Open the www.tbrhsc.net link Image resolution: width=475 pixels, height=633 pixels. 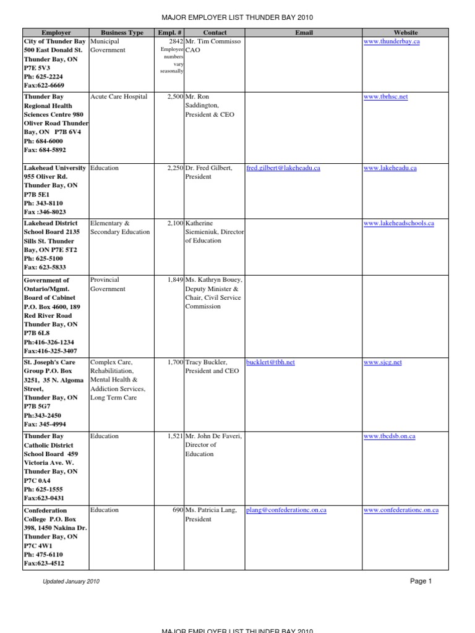click(x=386, y=97)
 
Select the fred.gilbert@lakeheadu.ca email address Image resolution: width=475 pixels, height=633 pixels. click(x=283, y=168)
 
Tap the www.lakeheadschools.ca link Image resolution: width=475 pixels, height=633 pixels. click(x=398, y=223)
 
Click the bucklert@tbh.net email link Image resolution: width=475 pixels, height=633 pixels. click(x=270, y=362)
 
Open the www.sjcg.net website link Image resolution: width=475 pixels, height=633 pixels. click(x=382, y=362)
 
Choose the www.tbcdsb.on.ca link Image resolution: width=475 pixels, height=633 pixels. click(x=389, y=436)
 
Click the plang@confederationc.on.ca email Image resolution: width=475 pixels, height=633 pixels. click(x=286, y=511)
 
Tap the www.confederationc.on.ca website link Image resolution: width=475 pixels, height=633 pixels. click(x=401, y=511)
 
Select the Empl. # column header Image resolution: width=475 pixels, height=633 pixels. click(x=169, y=33)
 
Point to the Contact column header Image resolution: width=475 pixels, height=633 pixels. click(x=215, y=33)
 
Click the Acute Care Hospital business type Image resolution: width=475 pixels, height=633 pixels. click(x=119, y=97)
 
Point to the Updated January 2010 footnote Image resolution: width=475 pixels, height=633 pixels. click(x=71, y=582)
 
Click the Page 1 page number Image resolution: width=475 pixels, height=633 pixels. click(x=421, y=581)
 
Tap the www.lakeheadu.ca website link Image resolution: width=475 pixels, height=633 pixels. click(x=390, y=168)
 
